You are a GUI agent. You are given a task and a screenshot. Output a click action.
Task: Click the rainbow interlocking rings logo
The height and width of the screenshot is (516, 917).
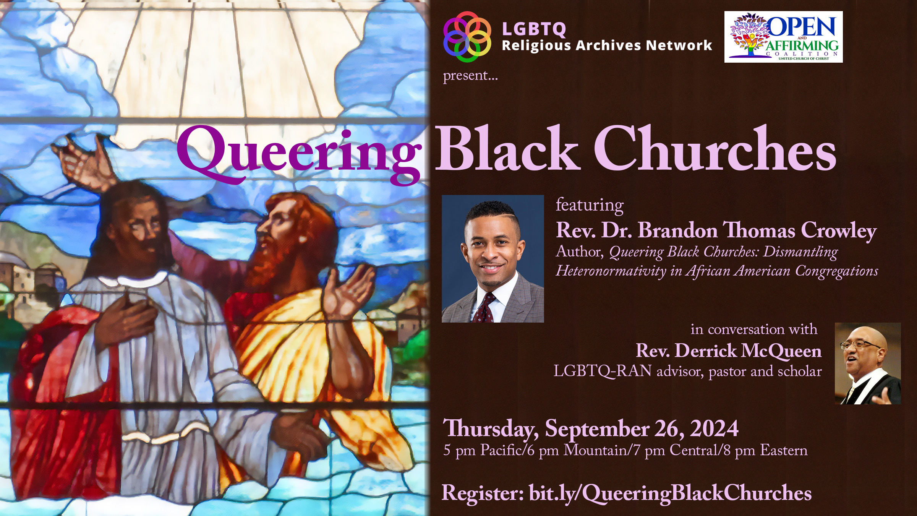point(467,37)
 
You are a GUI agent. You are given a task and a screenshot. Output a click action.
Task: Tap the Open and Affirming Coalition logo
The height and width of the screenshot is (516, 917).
point(783,37)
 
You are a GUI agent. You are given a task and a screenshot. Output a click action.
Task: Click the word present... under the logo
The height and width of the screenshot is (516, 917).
point(470,76)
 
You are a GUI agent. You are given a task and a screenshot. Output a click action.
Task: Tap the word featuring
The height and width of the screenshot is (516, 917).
point(590,206)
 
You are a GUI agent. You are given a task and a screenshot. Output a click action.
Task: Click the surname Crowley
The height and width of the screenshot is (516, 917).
point(839,231)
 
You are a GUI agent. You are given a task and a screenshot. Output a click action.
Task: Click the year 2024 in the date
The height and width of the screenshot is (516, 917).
point(714,428)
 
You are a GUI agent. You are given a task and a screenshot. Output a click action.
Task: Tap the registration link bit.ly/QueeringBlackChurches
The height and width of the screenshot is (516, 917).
point(670,493)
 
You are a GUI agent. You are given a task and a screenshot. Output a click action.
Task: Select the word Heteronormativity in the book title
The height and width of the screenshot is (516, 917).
point(611,271)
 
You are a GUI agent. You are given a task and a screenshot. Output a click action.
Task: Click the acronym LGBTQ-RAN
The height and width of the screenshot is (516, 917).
point(603,371)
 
